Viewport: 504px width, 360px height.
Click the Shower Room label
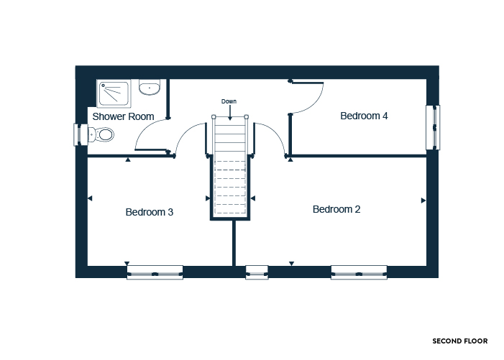pyautogui.click(x=123, y=116)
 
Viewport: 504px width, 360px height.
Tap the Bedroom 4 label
pyautogui.click(x=364, y=116)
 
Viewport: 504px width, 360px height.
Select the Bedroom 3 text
pyautogui.click(x=149, y=212)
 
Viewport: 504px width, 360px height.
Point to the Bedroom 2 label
pyautogui.click(x=336, y=209)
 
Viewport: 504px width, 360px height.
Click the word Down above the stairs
pyautogui.click(x=229, y=101)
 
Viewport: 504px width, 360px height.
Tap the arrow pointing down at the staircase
pyautogui.click(x=230, y=113)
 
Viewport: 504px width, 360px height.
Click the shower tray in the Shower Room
pyautogui.click(x=114, y=93)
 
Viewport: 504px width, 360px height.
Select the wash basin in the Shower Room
pyautogui.click(x=150, y=88)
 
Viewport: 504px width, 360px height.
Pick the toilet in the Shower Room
pyautogui.click(x=101, y=134)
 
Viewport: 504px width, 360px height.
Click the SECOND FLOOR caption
pyautogui.click(x=460, y=341)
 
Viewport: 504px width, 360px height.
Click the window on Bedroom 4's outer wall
pyautogui.click(x=433, y=127)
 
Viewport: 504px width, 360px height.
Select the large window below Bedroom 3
pyautogui.click(x=155, y=272)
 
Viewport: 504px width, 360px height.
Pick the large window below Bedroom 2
pyautogui.click(x=359, y=272)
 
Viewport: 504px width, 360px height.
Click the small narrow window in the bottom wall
pyautogui.click(x=257, y=272)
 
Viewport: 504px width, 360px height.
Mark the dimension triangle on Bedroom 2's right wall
pyautogui.click(x=423, y=200)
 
